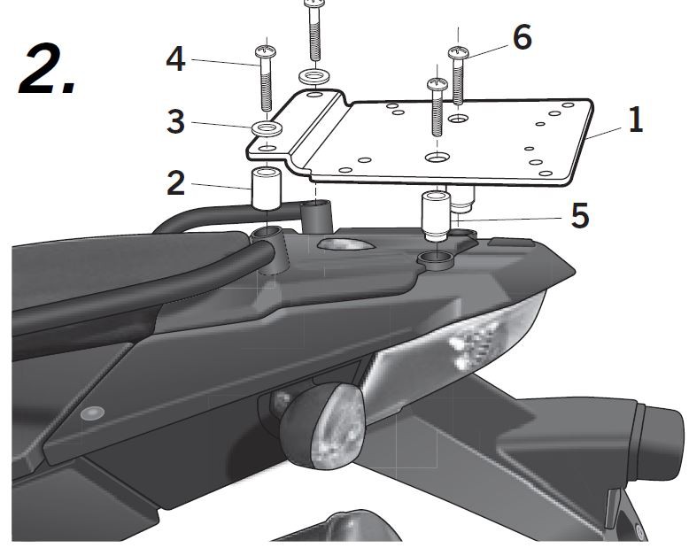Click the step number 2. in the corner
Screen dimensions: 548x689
[49, 68]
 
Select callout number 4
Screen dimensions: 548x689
[175, 60]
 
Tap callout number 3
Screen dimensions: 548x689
[175, 121]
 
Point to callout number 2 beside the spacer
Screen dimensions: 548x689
[175, 183]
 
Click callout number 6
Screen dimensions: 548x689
[522, 37]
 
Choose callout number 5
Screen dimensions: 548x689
[579, 215]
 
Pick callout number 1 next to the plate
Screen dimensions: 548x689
[634, 120]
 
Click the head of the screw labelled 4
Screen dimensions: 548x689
[265, 53]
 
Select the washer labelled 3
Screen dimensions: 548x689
[266, 132]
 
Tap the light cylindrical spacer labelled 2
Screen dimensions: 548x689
[266, 187]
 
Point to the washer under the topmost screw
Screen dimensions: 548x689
[313, 77]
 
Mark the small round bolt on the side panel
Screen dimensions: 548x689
[89, 413]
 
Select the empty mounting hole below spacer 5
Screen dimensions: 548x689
[434, 259]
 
